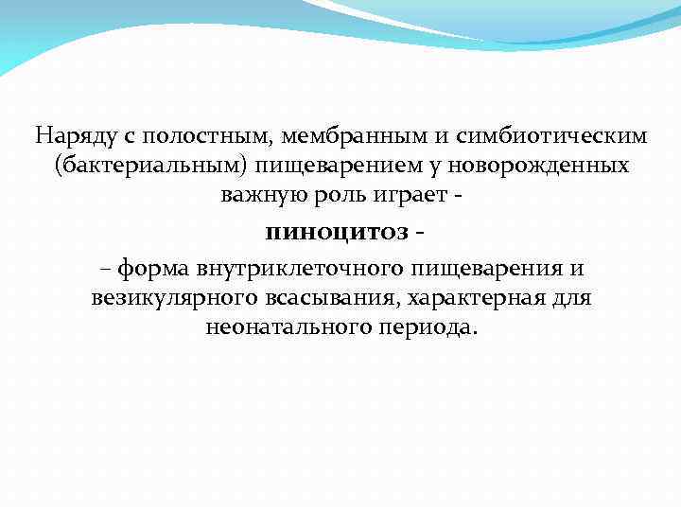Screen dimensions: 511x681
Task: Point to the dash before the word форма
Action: pyautogui.click(x=103, y=269)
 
